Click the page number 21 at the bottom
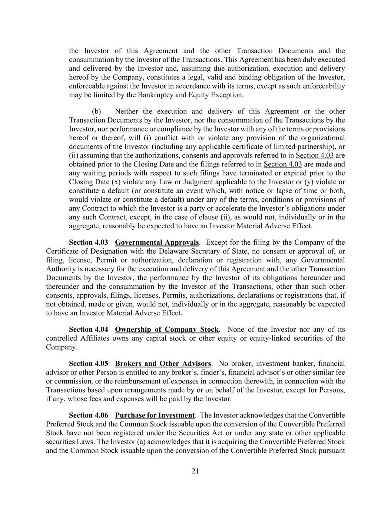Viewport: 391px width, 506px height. coord(195,471)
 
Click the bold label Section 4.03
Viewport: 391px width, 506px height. coord(89,242)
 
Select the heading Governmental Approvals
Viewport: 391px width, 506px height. coord(157,242)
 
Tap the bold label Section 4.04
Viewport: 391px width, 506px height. coord(89,329)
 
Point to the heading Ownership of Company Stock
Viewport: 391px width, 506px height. coord(167,329)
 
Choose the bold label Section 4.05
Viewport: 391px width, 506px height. coord(89,363)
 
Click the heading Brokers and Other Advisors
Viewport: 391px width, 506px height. coord(163,363)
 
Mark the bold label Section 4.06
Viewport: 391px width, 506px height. coord(89,415)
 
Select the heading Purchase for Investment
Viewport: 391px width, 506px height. coord(155,415)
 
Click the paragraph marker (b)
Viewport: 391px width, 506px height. coord(96,111)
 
